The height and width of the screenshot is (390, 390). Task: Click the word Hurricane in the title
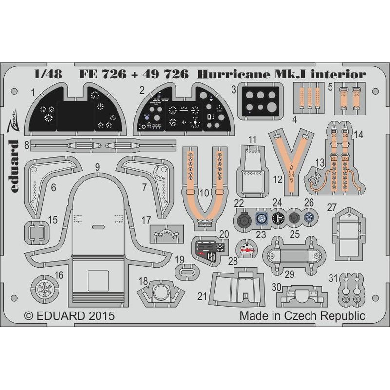pos(227,75)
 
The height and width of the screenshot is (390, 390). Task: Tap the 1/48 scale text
pos(45,75)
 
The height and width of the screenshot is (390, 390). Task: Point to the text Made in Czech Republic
pos(302,315)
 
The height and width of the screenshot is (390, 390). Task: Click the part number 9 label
pos(97,167)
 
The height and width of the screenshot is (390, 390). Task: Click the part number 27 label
pos(332,207)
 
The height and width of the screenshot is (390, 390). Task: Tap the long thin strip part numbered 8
pos(102,144)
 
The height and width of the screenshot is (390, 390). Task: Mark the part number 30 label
pos(276,286)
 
